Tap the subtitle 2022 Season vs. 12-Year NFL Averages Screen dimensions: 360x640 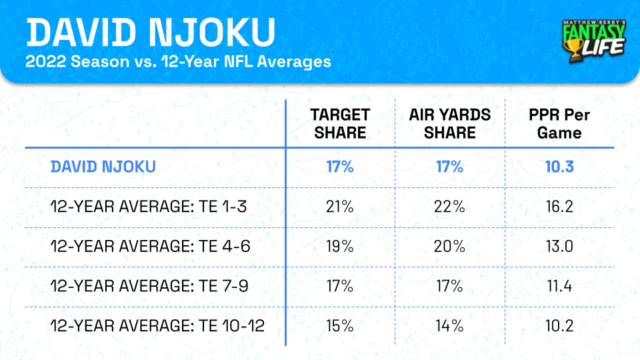(x=179, y=63)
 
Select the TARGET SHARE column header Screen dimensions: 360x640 (x=340, y=123)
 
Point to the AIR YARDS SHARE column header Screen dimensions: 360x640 (x=450, y=123)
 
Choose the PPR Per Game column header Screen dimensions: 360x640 (x=559, y=123)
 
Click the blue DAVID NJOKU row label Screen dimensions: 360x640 (x=103, y=167)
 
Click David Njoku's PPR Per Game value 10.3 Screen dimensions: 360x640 (x=559, y=167)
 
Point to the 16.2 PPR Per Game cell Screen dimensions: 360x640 (x=559, y=207)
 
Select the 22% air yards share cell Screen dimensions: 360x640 (x=450, y=207)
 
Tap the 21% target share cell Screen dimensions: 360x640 (x=340, y=207)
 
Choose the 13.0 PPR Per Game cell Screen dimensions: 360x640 (x=559, y=247)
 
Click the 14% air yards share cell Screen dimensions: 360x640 (x=450, y=327)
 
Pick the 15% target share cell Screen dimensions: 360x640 (x=340, y=327)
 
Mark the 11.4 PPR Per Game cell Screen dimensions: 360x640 (x=559, y=287)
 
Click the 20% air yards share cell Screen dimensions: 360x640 (x=450, y=247)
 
